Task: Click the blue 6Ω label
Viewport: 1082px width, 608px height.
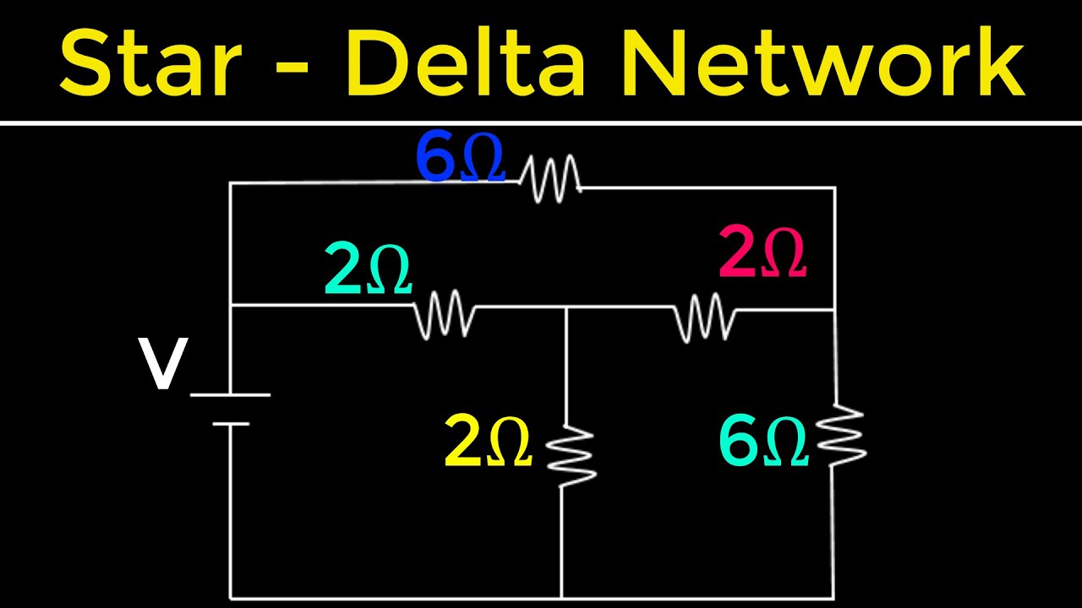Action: (x=460, y=159)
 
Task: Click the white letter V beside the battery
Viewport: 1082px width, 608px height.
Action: (x=163, y=366)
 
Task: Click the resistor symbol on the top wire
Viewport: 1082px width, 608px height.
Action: (x=549, y=178)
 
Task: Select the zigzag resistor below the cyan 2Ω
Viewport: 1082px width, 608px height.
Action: (x=444, y=314)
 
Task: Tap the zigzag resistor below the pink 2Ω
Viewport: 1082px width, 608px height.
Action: (x=704, y=317)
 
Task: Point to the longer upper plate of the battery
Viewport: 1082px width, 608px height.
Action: (x=230, y=394)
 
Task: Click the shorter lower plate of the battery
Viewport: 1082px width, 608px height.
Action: (x=231, y=423)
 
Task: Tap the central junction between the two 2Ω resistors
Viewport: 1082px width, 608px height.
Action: (x=565, y=309)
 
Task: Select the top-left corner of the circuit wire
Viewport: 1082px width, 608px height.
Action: (x=231, y=183)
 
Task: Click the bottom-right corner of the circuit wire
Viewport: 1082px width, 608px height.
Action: (x=834, y=598)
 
